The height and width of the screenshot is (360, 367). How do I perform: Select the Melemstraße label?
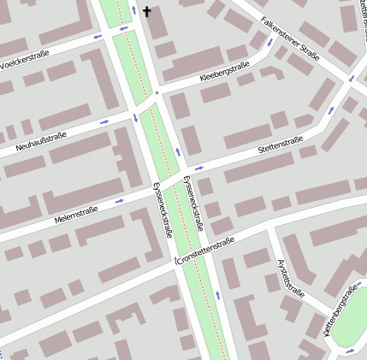click(x=76, y=213)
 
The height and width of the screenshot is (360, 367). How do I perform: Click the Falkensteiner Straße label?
click(x=290, y=38)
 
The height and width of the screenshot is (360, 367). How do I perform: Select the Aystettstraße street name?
click(x=292, y=277)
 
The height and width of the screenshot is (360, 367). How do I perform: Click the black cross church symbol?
click(x=146, y=12)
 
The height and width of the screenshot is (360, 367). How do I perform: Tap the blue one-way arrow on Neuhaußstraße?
click(x=104, y=121)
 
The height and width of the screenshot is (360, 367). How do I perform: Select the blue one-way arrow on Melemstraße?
click(x=119, y=201)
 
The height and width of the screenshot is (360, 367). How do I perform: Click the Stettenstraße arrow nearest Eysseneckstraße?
click(x=198, y=168)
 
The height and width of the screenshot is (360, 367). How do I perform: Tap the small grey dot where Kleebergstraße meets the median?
click(x=157, y=91)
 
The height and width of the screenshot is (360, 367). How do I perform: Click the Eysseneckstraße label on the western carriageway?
click(x=162, y=210)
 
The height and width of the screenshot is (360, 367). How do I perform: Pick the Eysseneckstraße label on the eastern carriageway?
click(x=193, y=204)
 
